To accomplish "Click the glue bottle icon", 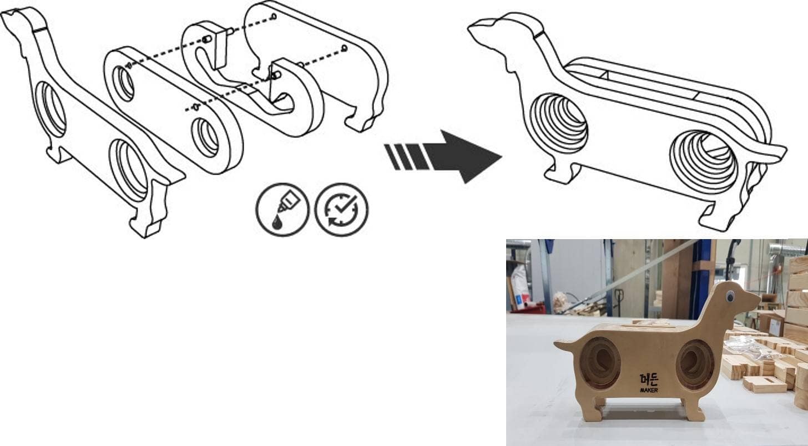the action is [x=282, y=210].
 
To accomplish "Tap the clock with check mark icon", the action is [x=341, y=210].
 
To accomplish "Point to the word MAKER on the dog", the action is [x=649, y=390].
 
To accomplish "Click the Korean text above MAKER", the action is [x=649, y=379].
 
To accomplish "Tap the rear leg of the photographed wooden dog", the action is [x=594, y=407].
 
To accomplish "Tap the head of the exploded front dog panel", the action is [x=22, y=25].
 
